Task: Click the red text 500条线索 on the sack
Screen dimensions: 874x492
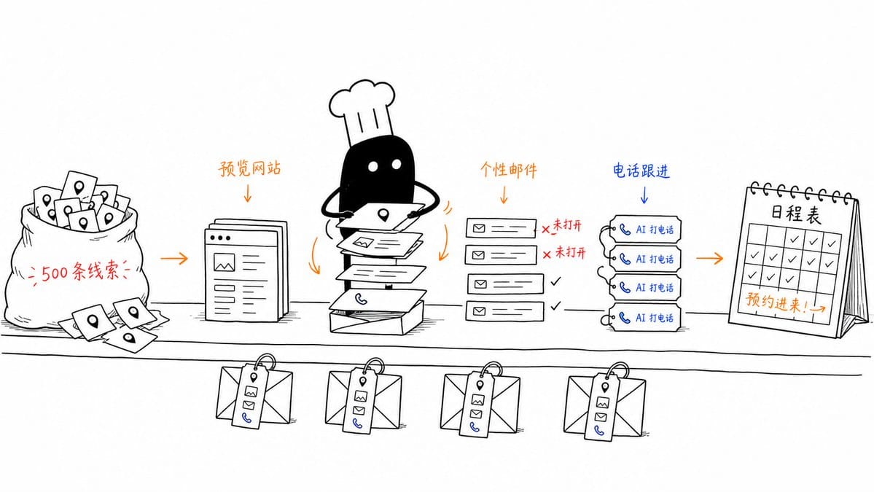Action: point(80,272)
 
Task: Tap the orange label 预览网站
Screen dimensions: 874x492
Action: point(249,168)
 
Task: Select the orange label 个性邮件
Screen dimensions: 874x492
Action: point(508,170)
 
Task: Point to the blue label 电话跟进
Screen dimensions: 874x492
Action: point(641,171)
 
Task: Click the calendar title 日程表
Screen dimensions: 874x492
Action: point(795,214)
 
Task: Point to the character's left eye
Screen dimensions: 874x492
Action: point(373,166)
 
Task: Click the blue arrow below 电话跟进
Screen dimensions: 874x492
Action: point(644,194)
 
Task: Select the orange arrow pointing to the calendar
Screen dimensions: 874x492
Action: point(709,258)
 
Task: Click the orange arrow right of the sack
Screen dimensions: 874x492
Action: point(174,259)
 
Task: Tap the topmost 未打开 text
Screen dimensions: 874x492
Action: point(567,225)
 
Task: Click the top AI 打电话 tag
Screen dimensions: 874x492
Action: point(644,229)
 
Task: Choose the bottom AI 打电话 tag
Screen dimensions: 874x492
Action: point(644,318)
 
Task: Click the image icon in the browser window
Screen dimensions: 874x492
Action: point(224,262)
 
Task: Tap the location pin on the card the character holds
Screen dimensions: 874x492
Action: point(383,214)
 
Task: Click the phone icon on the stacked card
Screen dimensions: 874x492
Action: point(362,300)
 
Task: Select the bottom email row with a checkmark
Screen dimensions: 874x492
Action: point(505,311)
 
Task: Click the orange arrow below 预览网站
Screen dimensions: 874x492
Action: point(248,192)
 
